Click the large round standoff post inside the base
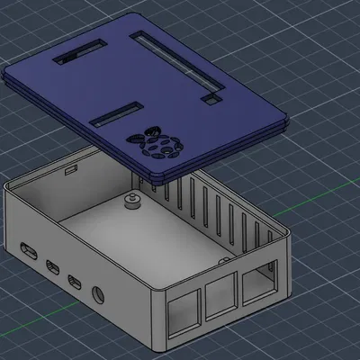point(132,199)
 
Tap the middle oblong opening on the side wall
point(53,266)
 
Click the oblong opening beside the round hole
point(77,282)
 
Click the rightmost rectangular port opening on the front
point(258,281)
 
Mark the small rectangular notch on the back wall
point(68,168)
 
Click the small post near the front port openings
point(219,258)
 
